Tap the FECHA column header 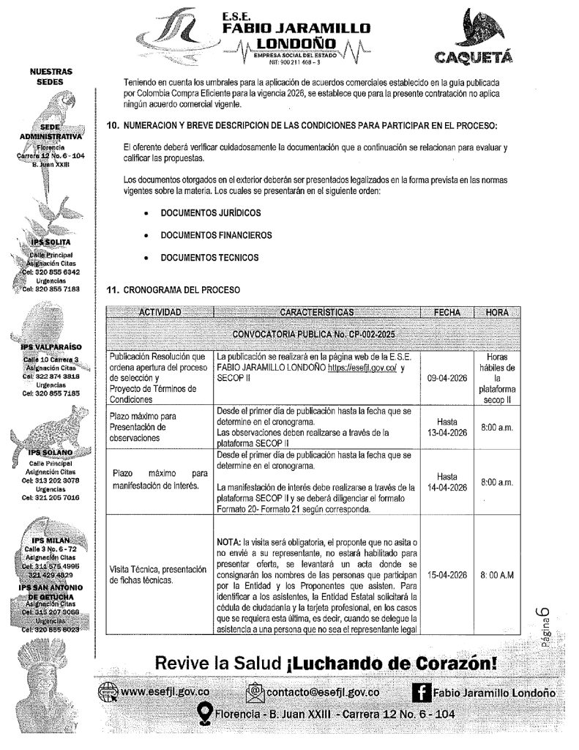pos(447,313)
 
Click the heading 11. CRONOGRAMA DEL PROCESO pos(173,290)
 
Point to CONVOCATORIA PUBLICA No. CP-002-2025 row pos(313,333)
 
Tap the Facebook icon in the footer pos(421,693)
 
